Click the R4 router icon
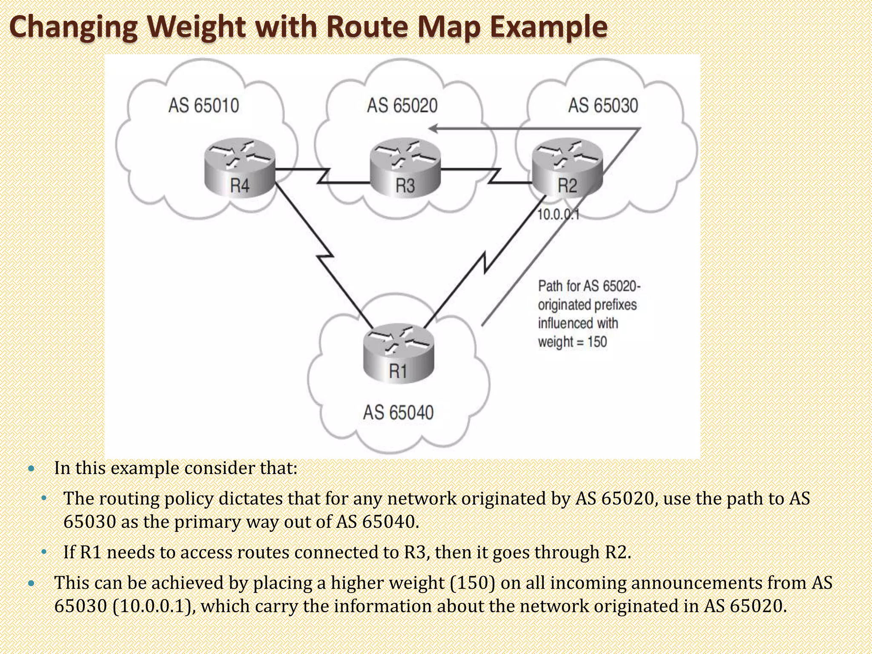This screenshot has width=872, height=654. (239, 170)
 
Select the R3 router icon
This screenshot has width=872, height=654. (405, 170)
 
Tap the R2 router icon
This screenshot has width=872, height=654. (567, 170)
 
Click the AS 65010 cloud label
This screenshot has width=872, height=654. (204, 106)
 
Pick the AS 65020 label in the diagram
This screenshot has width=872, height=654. (402, 106)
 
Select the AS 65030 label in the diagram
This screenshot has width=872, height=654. (603, 106)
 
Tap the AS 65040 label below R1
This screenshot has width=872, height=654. (398, 413)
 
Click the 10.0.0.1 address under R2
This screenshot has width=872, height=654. (558, 215)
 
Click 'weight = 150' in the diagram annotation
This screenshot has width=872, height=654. (572, 342)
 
